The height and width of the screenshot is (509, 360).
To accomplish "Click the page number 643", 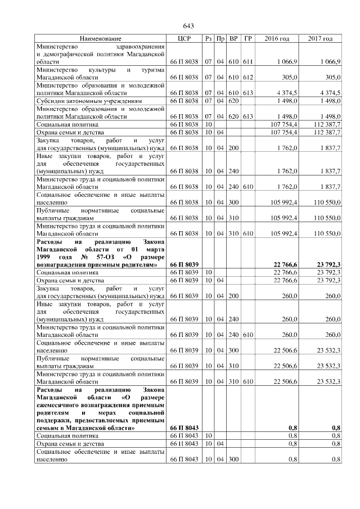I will click(x=188, y=26).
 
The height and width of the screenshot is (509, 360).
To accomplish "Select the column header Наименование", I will click(x=100, y=38).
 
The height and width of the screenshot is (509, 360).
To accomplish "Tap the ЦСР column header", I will click(x=184, y=38).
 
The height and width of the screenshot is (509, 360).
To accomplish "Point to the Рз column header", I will click(x=208, y=38).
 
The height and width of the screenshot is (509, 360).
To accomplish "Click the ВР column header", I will click(x=233, y=38).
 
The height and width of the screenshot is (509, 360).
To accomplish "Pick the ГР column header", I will click(x=248, y=38).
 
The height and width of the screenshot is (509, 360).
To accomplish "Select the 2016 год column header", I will click(x=277, y=38).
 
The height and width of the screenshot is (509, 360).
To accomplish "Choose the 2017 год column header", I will click(x=320, y=38).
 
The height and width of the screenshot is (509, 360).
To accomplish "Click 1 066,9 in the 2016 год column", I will click(x=287, y=61).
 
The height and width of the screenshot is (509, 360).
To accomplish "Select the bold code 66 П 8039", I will click(x=184, y=264).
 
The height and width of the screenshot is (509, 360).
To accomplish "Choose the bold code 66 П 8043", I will click(x=184, y=428).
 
